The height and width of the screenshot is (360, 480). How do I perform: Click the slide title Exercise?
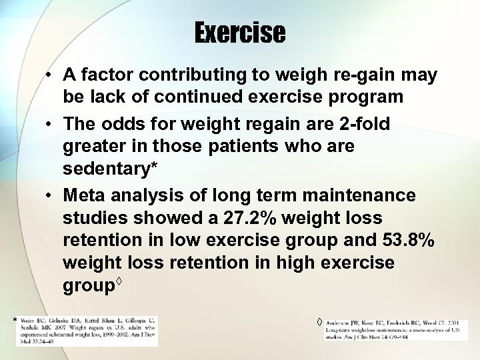point(240,31)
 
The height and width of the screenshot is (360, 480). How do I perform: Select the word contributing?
point(195,75)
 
